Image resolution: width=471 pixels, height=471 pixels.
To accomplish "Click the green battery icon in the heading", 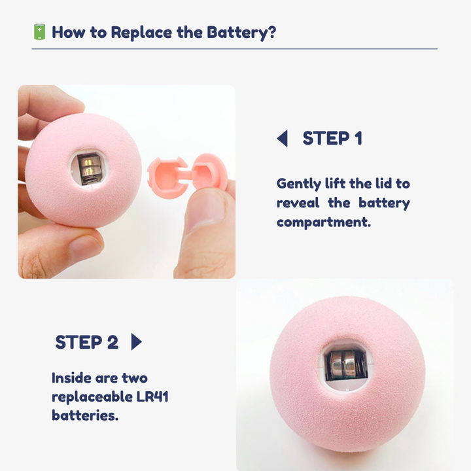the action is (x=39, y=32).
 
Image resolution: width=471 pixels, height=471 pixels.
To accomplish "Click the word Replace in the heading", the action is (x=142, y=33).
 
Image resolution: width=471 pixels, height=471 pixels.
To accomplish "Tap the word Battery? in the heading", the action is (x=241, y=33).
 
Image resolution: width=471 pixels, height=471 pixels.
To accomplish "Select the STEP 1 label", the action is (x=332, y=138).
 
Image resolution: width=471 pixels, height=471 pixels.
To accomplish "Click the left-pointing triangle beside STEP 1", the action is (x=283, y=139).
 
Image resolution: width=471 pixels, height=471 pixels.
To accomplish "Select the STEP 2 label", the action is (x=87, y=342).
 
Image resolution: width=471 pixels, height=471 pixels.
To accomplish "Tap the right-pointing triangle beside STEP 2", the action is (x=136, y=342).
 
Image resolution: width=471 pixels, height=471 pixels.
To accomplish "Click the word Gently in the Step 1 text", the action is (x=298, y=184).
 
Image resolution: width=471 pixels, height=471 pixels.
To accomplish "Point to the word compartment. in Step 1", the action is (x=324, y=222).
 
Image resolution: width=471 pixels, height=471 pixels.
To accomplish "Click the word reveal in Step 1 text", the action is (x=298, y=203).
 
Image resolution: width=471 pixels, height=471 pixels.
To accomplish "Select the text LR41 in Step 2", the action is (x=152, y=396).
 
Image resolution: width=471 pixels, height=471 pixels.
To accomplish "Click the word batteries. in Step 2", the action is (x=85, y=415).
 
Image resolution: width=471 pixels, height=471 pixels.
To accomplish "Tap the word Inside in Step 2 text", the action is (x=71, y=378).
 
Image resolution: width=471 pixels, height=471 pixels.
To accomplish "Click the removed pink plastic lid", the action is (x=186, y=175).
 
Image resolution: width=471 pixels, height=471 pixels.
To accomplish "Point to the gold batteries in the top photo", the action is (x=89, y=167).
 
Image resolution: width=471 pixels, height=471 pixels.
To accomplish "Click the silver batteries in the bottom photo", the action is (x=344, y=366).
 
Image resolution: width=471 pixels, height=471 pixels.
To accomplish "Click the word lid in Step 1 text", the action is (x=383, y=184).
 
